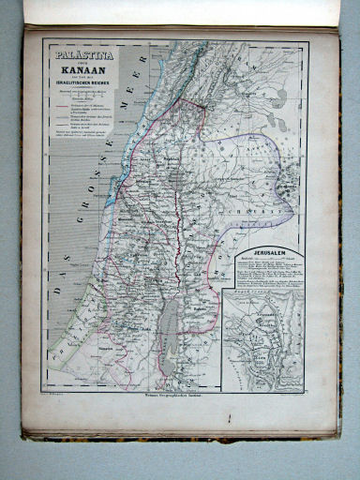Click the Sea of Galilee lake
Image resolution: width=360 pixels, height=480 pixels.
pyautogui.click(x=175, y=178)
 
